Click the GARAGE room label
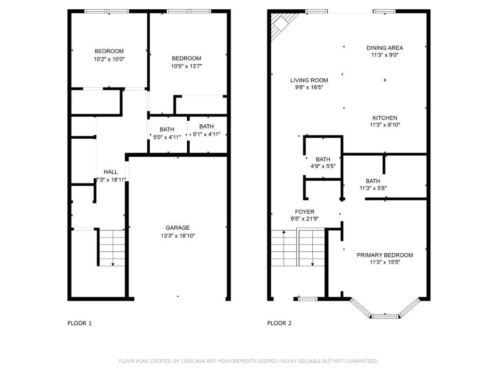tap(178, 227)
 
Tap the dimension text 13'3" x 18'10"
tap(178, 235)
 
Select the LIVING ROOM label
tap(309, 80)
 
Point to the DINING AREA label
tap(384, 48)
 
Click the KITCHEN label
tap(385, 118)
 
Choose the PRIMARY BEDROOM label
tap(385, 255)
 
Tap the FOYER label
tap(304, 211)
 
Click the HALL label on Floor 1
tap(110, 172)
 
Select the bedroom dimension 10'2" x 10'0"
tap(109, 59)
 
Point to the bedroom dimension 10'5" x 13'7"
tap(186, 66)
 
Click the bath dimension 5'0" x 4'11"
tap(167, 137)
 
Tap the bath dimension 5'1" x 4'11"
tap(207, 134)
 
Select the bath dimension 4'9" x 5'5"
tap(323, 167)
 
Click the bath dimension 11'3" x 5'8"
tap(373, 188)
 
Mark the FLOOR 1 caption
tap(79, 323)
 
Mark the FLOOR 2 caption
tap(280, 323)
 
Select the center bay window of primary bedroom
tap(385, 316)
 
